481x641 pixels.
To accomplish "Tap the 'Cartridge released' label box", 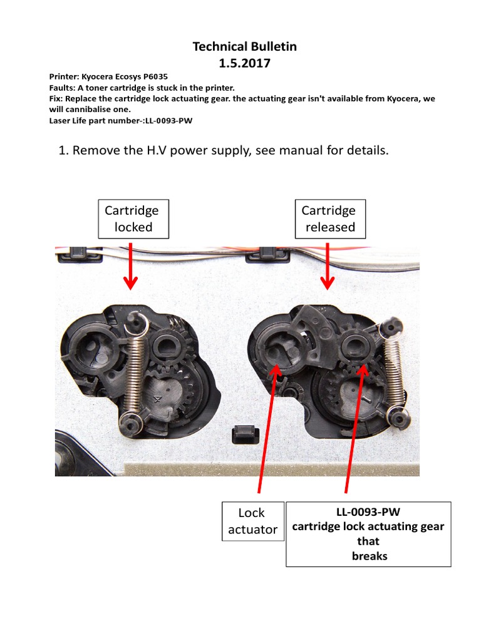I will pyautogui.click(x=329, y=218).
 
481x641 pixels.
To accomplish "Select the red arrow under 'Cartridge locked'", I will pyautogui.click(x=130, y=266).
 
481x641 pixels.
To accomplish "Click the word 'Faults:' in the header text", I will pyautogui.click(x=62, y=88).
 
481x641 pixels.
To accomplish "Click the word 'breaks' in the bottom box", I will pyautogui.click(x=369, y=556).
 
